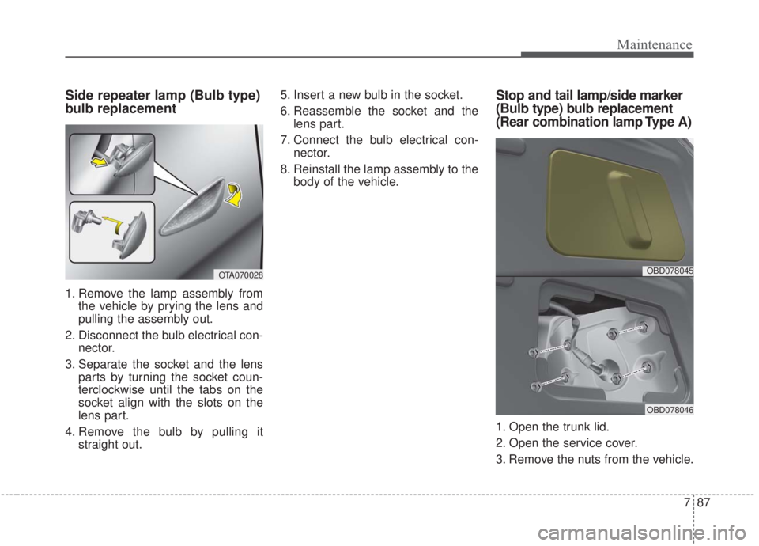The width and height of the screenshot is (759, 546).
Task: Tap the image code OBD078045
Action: pos(668,271)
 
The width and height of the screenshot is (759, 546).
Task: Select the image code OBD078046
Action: pos(668,409)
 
